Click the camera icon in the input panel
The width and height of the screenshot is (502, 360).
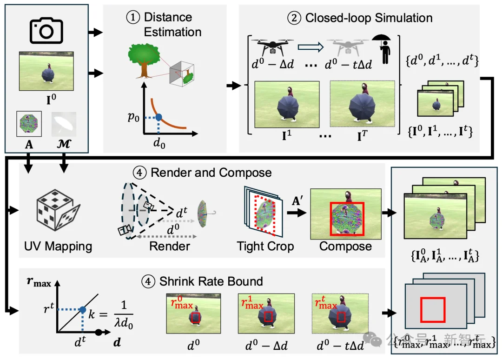[46, 31]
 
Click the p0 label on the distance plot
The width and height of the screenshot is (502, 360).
[134, 118]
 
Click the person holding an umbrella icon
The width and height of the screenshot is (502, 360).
[383, 48]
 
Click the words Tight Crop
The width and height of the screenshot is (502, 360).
[265, 246]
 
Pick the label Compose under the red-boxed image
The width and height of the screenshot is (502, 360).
[345, 246]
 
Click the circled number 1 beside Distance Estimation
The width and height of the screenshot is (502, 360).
[132, 18]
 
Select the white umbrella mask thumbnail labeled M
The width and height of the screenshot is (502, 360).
[64, 124]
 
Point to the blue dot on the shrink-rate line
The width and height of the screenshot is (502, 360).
[82, 309]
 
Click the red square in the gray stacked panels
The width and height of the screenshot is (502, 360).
[433, 310]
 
